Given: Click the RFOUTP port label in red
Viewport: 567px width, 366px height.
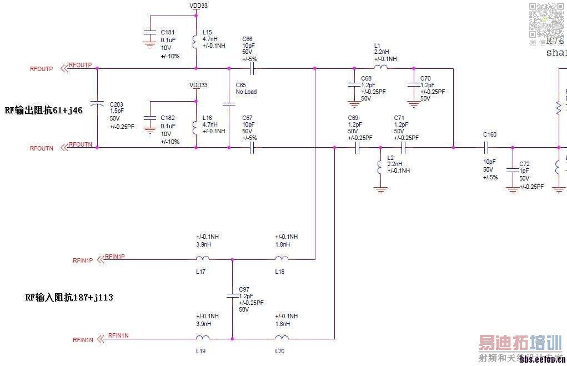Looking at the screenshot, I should [41, 69].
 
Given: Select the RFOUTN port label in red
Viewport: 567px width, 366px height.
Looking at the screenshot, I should [41, 148].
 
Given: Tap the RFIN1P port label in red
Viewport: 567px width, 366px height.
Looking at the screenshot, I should [82, 260].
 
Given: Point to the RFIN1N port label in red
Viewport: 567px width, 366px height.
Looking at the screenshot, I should [82, 339].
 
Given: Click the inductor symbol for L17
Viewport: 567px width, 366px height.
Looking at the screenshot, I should [203, 258].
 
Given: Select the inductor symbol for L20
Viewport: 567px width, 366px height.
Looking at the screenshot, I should [282, 338].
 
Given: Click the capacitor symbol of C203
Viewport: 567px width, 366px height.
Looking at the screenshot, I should [97, 103].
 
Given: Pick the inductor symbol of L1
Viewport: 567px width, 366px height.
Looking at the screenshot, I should [380, 68].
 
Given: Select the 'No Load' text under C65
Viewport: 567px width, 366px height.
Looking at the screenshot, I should [246, 92].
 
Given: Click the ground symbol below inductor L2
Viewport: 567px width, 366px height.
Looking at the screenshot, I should [380, 189].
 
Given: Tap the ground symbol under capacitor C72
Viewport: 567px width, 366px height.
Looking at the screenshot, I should [512, 189].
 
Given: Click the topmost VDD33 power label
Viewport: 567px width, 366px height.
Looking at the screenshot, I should [198, 6].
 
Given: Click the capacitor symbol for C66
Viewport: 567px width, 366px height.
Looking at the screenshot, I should [252, 69].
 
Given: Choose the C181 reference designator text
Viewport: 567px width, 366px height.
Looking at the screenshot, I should [167, 32].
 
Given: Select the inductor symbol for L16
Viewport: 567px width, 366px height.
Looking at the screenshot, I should [195, 126].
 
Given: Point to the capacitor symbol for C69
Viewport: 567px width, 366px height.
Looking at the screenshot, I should [357, 148].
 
